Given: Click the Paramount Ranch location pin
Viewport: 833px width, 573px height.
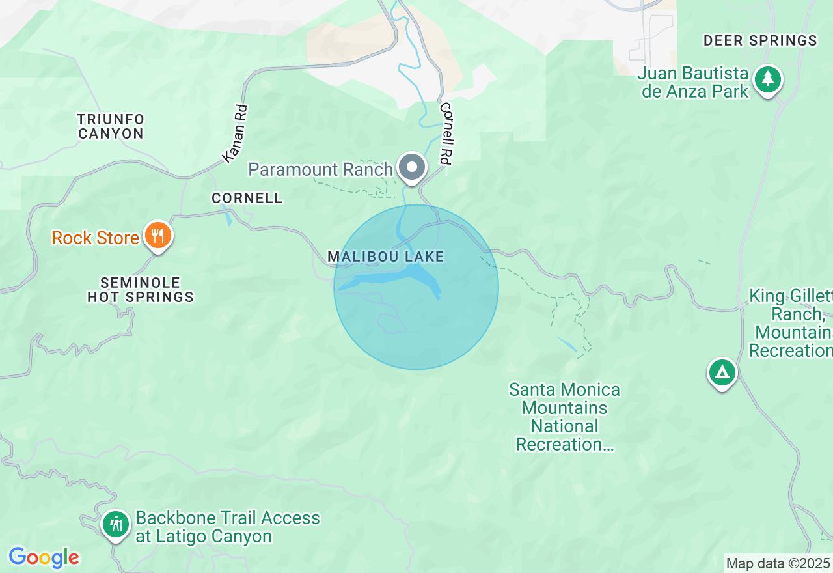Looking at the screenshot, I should [412, 167].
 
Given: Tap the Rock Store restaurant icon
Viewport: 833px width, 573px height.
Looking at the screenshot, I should [157, 235].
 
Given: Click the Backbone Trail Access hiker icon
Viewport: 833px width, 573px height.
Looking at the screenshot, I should [116, 524].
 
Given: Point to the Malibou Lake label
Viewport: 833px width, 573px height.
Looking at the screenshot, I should [385, 257].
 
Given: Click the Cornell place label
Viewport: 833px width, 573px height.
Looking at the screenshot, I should [247, 198].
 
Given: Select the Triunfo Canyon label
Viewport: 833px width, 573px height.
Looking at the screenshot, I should [111, 126].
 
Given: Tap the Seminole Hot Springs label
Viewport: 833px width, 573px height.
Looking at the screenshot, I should [141, 290].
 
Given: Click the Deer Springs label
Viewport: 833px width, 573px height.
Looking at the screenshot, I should [760, 40].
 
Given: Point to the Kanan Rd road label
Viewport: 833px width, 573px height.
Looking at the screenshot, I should [235, 133].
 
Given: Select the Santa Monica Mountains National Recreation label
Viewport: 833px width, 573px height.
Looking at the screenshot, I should [564, 417].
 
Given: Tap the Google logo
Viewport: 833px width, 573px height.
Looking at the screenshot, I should [44, 557].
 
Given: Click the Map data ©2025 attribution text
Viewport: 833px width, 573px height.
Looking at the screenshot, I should [778, 563].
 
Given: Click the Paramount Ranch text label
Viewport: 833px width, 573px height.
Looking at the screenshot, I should [320, 169].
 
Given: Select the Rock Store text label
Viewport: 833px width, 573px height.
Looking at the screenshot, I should [95, 238].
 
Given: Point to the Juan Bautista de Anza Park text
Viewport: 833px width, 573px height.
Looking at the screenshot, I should [693, 81].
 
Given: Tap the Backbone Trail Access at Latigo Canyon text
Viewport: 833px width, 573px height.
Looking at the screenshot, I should [227, 527].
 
